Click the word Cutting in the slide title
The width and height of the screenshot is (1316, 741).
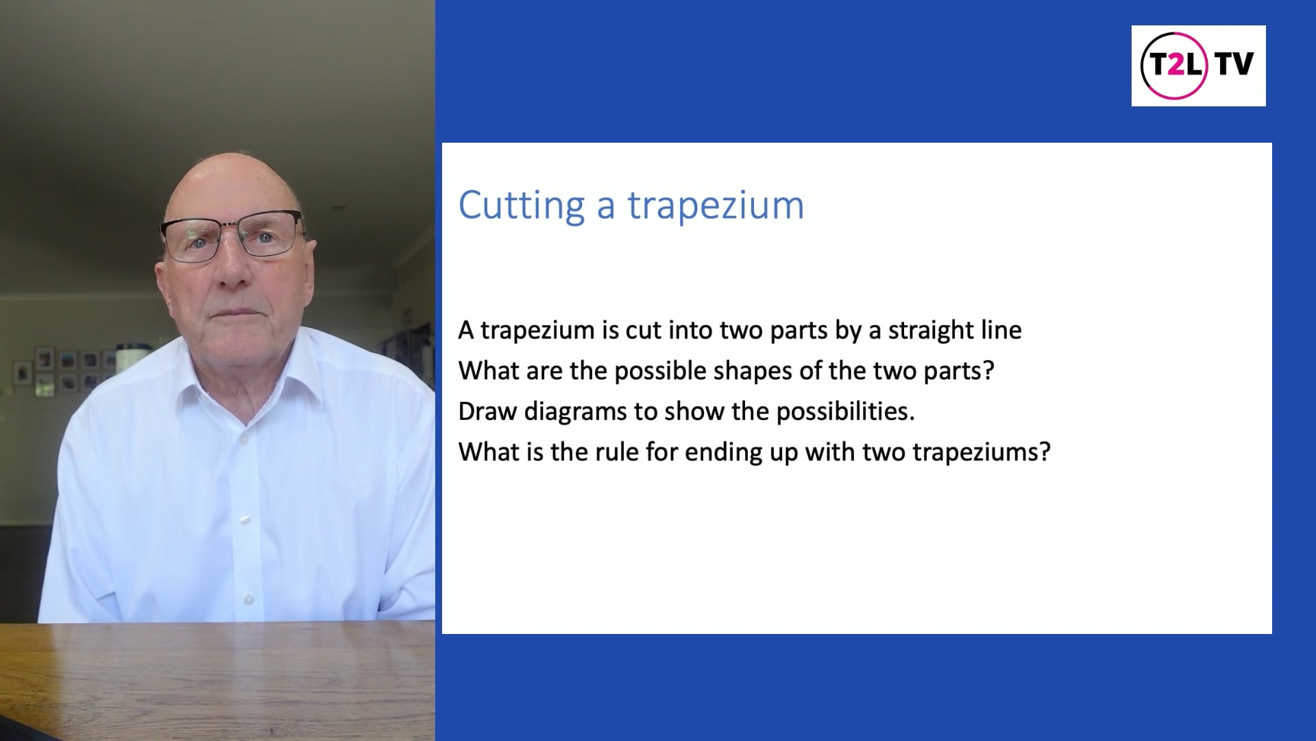point(520,205)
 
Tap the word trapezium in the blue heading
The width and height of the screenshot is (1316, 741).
point(716,205)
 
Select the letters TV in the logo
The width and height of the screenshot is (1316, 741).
point(1234,64)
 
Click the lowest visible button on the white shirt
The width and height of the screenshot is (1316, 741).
point(248,599)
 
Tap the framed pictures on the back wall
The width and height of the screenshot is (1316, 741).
point(65,370)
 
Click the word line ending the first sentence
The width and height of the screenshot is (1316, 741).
point(1002,331)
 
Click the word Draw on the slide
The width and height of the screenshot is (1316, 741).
point(487,412)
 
